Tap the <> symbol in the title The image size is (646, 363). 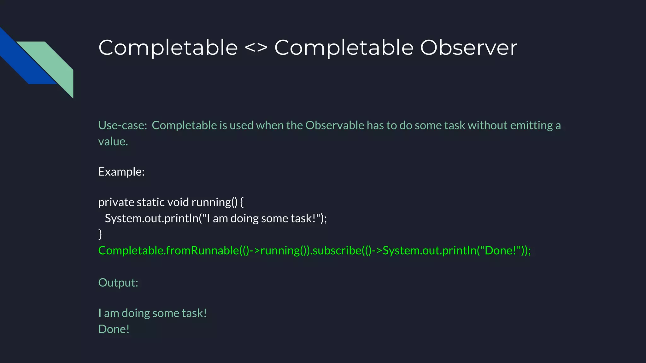[x=256, y=48]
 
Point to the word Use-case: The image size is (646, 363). [x=123, y=125]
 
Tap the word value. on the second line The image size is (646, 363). [x=113, y=141]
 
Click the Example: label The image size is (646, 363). [x=121, y=172]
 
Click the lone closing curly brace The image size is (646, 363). [x=100, y=234]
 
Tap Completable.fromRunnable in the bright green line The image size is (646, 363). [x=168, y=251]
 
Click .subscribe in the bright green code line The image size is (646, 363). [x=336, y=251]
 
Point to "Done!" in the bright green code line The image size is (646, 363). [x=500, y=251]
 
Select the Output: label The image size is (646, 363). [x=118, y=283]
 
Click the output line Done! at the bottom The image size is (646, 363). [x=114, y=329]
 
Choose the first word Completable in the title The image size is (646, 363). [x=168, y=48]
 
